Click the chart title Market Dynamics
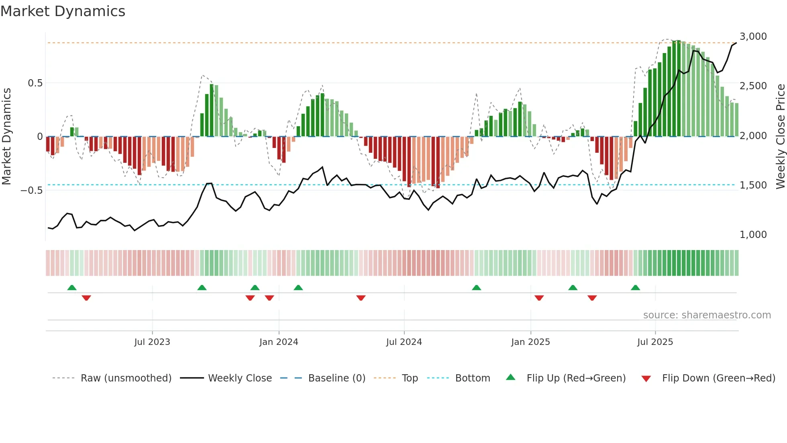[63, 11]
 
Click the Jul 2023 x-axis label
[152, 342]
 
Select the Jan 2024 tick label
[279, 342]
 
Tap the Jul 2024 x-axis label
[404, 342]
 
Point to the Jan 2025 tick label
[530, 342]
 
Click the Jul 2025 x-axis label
[655, 342]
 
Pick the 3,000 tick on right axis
[753, 37]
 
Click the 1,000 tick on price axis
[753, 235]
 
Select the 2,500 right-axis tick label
[753, 86]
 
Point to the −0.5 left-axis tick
[31, 190]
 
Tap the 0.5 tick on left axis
[35, 83]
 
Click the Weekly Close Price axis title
[780, 136]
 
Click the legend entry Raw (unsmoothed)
[126, 378]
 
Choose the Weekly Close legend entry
[240, 378]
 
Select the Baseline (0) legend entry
[336, 378]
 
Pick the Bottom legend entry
[472, 378]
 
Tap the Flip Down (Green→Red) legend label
[718, 378]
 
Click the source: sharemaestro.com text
[707, 315]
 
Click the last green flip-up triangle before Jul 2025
[635, 288]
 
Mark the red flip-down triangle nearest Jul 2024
[361, 298]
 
